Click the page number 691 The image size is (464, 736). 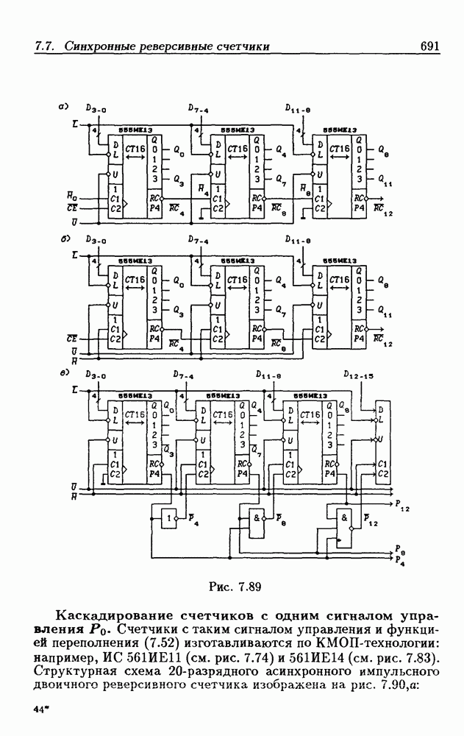[x=429, y=46]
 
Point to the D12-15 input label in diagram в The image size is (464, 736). [x=358, y=375]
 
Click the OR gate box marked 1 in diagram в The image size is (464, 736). [x=171, y=518]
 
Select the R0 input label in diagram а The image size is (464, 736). [x=71, y=195]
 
